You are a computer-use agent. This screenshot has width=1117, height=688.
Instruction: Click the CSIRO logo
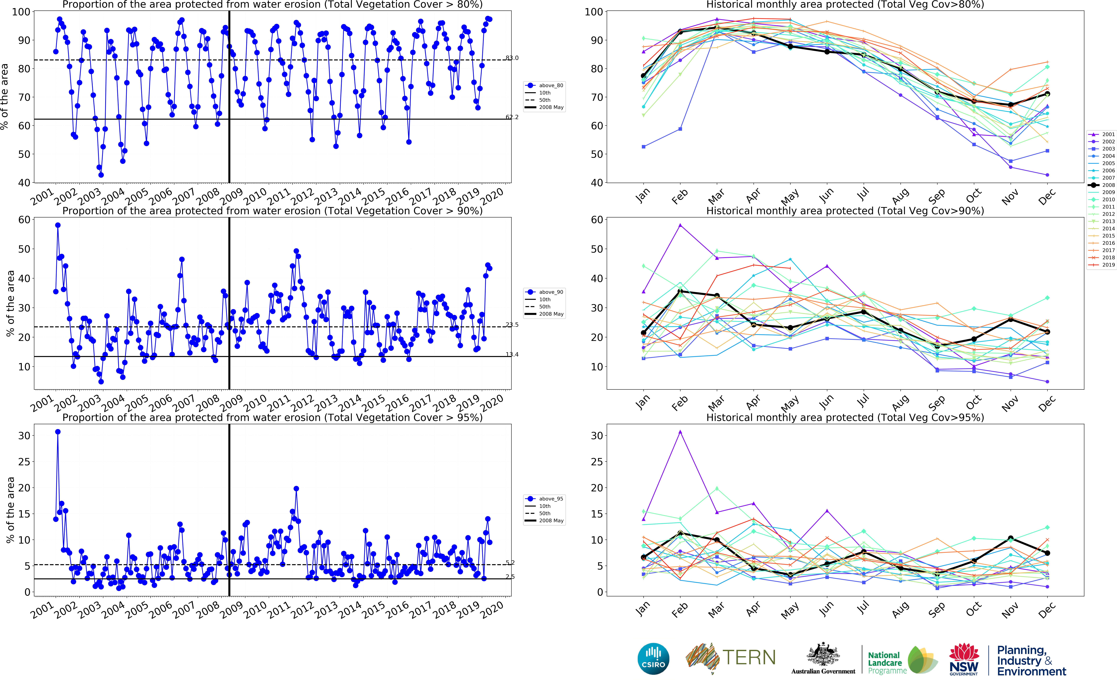(653, 658)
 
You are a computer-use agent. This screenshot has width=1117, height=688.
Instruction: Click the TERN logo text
(748, 657)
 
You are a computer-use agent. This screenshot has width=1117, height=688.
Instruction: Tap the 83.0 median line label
(512, 58)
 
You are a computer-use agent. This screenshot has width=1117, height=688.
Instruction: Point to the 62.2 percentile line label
(512, 117)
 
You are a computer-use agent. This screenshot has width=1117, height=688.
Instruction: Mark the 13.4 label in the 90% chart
(512, 354)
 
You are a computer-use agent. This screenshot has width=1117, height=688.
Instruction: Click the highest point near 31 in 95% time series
(58, 432)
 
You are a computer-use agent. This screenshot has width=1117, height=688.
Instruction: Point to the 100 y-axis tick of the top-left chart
(21, 12)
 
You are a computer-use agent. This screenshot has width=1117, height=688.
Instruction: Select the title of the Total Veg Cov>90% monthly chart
(845, 211)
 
